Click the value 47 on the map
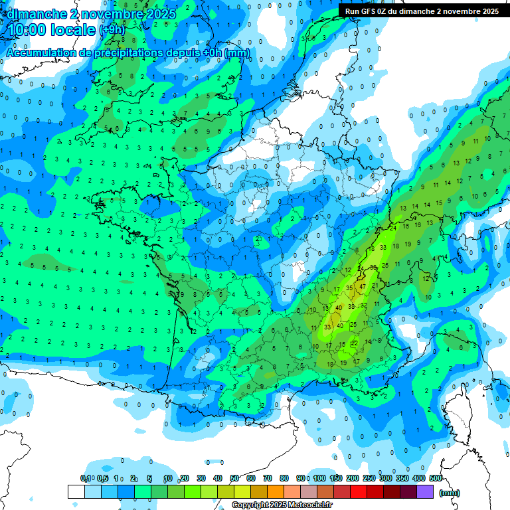362,286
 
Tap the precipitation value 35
349,288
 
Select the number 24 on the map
393,228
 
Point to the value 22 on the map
355,343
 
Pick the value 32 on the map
364,305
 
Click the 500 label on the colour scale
436,478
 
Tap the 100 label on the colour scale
319,478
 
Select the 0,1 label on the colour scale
86,478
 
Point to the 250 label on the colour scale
369,478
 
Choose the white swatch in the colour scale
76,491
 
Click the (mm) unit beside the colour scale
449,493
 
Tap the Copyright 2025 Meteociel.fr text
282,505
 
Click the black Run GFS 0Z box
420,11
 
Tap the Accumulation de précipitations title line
126,53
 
